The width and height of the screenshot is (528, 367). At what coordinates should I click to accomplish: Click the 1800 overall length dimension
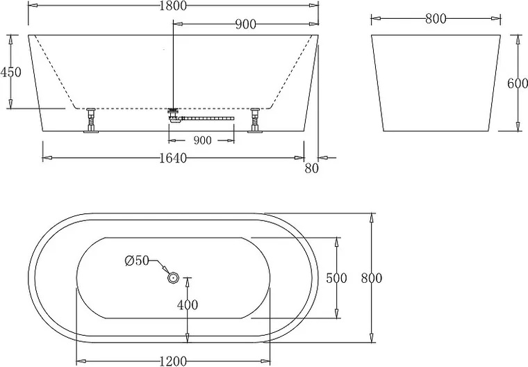coord(173,6)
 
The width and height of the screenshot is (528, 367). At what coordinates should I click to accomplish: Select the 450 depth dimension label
coord(10,72)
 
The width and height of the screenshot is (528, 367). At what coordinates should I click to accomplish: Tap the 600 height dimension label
coord(517,83)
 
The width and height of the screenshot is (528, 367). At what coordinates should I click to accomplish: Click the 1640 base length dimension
coord(173,158)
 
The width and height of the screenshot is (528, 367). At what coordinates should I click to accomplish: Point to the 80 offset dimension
coord(311,168)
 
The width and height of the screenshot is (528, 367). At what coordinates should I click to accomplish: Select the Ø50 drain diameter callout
coord(137,260)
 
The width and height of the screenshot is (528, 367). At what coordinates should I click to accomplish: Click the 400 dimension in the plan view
coord(188,305)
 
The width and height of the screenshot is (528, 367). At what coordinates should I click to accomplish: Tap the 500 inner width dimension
coord(336,278)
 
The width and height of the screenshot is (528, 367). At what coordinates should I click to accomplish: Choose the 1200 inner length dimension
coord(173,361)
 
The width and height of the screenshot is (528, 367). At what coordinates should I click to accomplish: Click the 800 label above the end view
coord(436,19)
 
